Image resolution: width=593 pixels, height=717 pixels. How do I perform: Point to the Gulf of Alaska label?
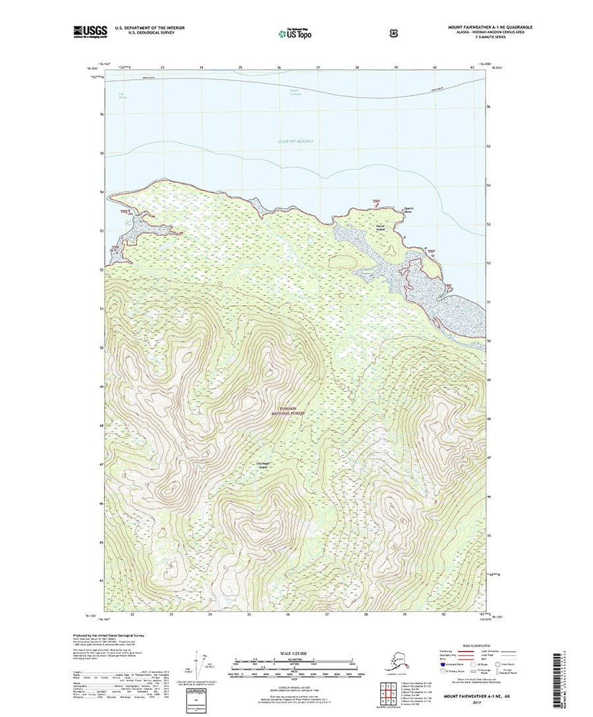pyautogui.click(x=296, y=142)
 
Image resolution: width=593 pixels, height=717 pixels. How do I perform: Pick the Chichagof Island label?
pyautogui.click(x=262, y=464)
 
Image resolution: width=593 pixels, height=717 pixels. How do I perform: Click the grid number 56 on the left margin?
pyautogui.click(x=101, y=114)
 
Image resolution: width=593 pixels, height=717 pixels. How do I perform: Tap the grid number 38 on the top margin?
pyautogui.click(x=357, y=68)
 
